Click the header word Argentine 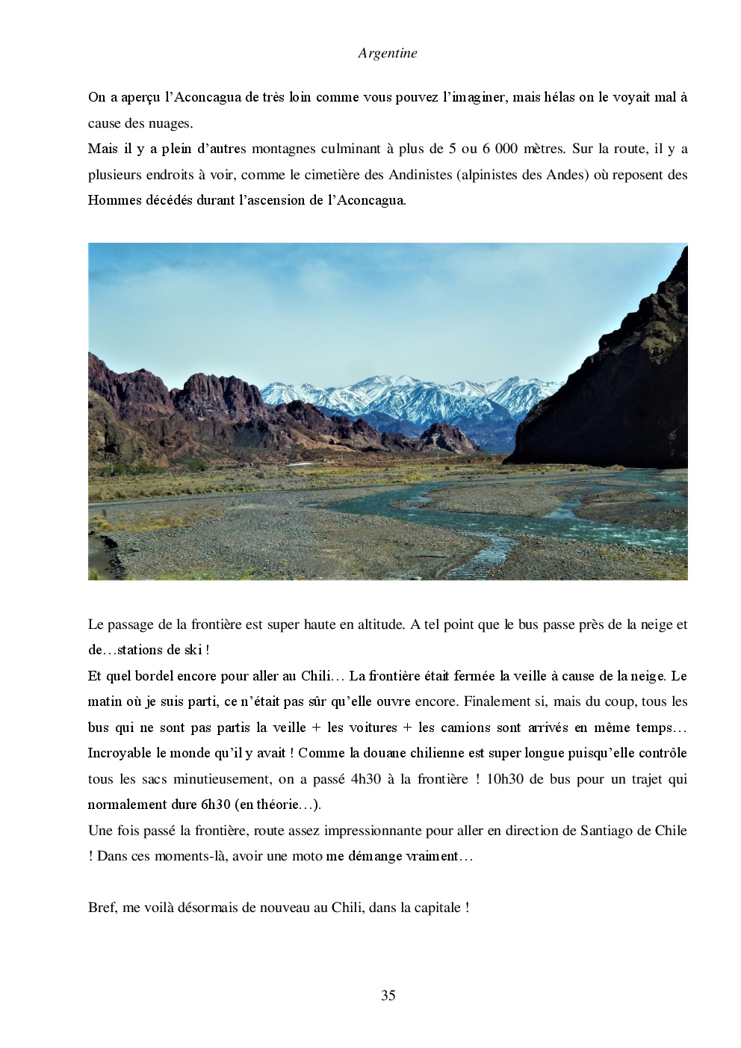(387, 53)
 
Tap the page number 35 (388, 995)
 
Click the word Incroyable (121, 753)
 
